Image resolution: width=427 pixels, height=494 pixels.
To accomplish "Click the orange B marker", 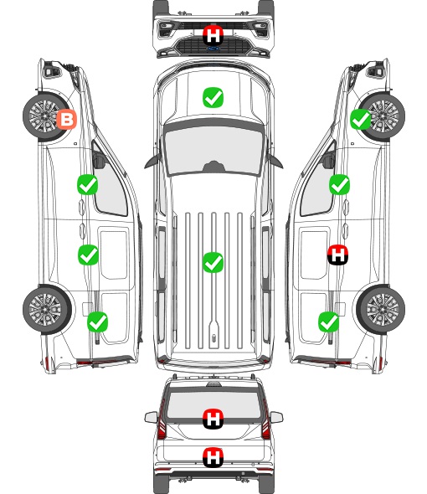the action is tap(66, 119).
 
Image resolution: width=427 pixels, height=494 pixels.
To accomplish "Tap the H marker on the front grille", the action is tap(213, 35).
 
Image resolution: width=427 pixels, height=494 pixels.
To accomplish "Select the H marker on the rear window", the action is tap(213, 419).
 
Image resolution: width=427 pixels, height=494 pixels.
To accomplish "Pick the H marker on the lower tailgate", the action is tap(213, 457).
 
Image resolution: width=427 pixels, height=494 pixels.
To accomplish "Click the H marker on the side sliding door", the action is tap(337, 255).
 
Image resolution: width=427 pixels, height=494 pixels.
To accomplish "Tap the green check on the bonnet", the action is tap(213, 97).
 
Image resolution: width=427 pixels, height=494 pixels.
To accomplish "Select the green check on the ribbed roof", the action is tap(213, 262).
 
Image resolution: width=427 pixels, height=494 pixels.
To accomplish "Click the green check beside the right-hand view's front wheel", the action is tap(361, 119).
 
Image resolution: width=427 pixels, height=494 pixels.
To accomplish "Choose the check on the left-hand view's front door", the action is tap(87, 184).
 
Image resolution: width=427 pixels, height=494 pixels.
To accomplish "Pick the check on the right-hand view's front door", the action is tap(339, 184).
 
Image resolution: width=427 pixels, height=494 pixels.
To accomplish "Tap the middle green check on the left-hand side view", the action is tap(88, 255).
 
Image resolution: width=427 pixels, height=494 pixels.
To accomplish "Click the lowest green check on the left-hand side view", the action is tap(97, 322).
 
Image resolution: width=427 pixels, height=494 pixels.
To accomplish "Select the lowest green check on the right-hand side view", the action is tap(329, 322).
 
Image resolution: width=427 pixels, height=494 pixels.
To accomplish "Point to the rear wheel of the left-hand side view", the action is tap(47, 310).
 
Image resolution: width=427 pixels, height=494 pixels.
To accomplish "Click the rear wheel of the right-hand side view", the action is tap(381, 310).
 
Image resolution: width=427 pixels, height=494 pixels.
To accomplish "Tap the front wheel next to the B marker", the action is tap(46, 116).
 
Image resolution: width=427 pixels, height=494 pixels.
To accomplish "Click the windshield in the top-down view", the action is tap(213, 151).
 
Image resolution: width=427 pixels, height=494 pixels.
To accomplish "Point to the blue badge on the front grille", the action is tap(213, 49).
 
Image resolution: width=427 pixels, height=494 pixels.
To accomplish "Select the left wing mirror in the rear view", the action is tap(152, 418).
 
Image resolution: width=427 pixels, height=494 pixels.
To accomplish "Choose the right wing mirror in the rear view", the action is tap(276, 418).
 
